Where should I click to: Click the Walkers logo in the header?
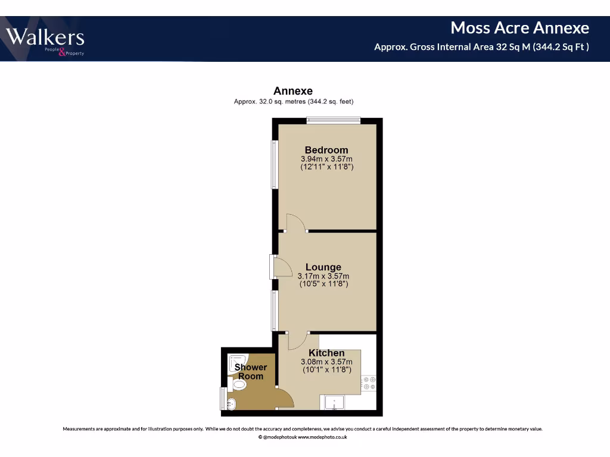tap(45, 40)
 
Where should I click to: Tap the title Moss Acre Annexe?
tap(519, 28)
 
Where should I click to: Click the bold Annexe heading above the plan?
tap(292, 91)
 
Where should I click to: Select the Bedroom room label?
tap(326, 150)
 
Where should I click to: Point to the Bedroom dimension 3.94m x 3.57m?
tap(326, 159)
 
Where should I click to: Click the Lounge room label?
tap(323, 267)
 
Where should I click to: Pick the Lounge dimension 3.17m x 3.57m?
tap(323, 276)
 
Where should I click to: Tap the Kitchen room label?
tap(326, 353)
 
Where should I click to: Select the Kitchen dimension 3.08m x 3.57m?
tap(326, 361)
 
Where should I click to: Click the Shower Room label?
tap(251, 371)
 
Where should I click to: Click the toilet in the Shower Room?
tap(238, 385)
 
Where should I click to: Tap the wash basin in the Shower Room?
tap(231, 405)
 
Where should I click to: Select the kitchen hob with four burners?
tap(369, 383)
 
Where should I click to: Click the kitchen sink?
tap(335, 403)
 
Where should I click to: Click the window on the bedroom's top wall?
tap(334, 121)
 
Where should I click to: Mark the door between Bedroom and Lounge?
tap(295, 223)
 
